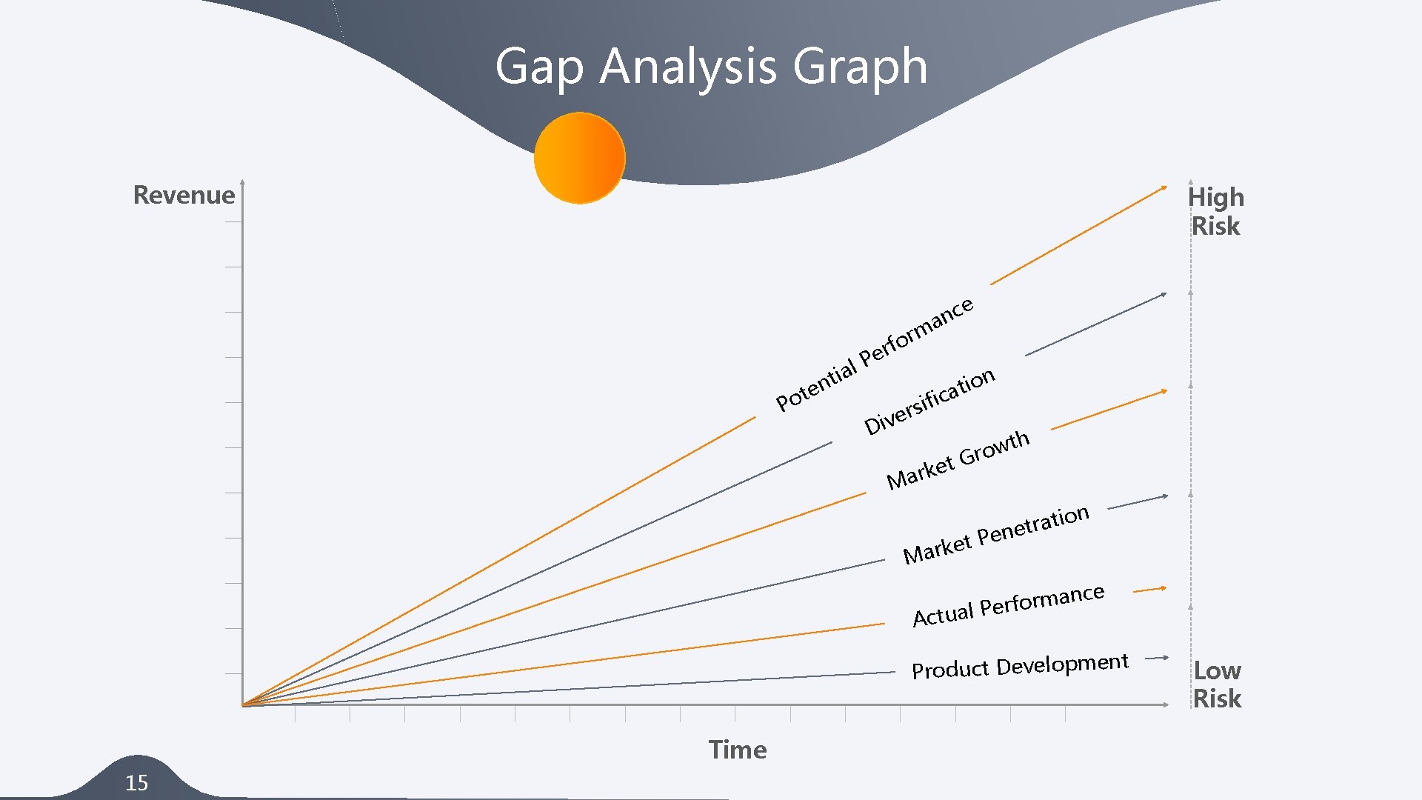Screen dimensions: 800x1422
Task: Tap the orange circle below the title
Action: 580,158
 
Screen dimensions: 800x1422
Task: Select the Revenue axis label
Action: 184,195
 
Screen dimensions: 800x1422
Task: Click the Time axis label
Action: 738,750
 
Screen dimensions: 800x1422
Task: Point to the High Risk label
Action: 1215,211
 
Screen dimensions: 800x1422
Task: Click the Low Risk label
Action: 1217,684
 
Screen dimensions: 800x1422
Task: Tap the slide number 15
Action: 136,782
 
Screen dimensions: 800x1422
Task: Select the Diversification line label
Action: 929,401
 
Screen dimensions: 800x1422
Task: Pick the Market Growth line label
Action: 957,459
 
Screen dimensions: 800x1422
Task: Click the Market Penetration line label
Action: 995,534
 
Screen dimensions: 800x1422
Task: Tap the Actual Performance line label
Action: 1008,605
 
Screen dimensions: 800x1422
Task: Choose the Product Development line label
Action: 1020,666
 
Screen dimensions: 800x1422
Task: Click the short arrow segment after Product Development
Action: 1156,657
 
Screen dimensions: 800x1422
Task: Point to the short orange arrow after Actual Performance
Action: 1149,590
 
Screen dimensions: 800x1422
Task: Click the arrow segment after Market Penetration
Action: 1137,502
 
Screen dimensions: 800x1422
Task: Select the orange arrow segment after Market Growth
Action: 1108,410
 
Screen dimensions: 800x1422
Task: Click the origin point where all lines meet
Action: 243,704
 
